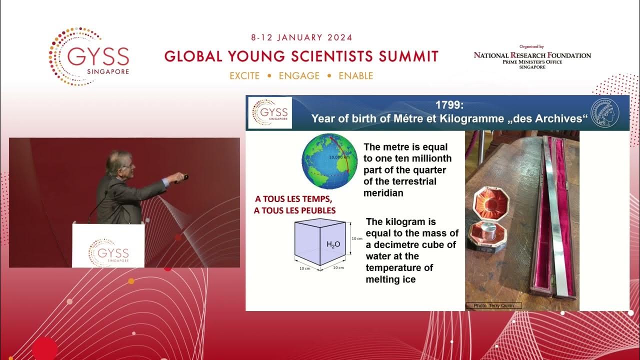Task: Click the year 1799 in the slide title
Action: (x=449, y=106)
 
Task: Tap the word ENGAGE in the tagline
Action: (x=299, y=76)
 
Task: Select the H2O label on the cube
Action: (x=333, y=244)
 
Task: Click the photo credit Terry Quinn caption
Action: (x=493, y=305)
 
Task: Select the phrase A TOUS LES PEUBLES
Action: (x=294, y=210)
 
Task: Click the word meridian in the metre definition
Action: (x=383, y=192)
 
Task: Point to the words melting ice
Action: (x=390, y=279)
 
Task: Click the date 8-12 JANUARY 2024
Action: (x=301, y=37)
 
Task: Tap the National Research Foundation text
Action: (x=532, y=55)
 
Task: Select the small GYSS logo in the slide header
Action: (x=270, y=112)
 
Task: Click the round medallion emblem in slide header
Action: (x=605, y=112)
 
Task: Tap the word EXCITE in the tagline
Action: (x=244, y=76)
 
